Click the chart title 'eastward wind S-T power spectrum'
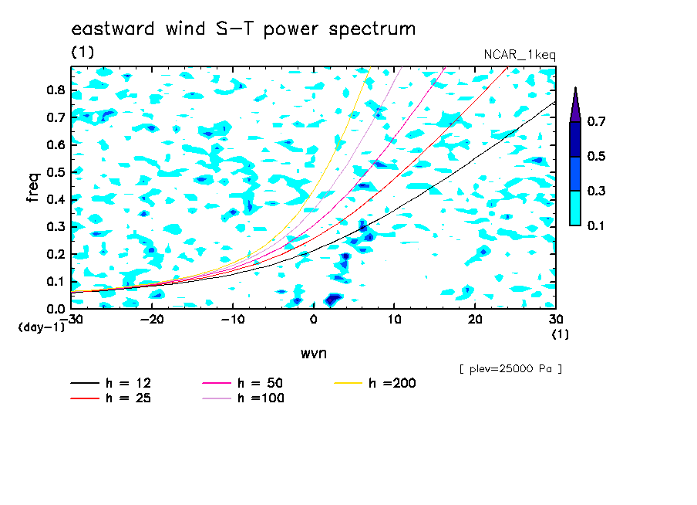[x=243, y=29]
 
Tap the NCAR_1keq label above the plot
[x=520, y=55]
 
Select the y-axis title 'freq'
[x=33, y=188]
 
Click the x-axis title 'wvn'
[x=313, y=354]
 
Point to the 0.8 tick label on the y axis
[x=56, y=90]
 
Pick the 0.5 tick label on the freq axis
[x=56, y=172]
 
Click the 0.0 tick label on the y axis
[x=56, y=309]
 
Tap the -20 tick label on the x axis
[x=152, y=320]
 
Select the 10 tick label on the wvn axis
[x=394, y=320]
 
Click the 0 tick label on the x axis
[x=313, y=320]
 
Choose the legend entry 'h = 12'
[x=111, y=383]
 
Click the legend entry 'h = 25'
[x=111, y=398]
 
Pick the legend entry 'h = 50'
[x=243, y=383]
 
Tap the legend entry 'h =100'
[x=243, y=398]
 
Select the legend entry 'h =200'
[x=375, y=383]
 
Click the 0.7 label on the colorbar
[x=596, y=121]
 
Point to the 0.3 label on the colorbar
[x=596, y=191]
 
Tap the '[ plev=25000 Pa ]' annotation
[x=510, y=369]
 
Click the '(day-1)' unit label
[x=42, y=327]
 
